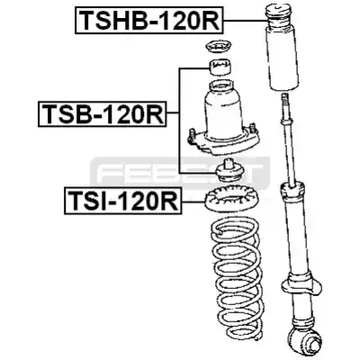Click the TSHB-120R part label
pyautogui.click(x=149, y=20)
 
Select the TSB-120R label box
pyautogui.click(x=102, y=114)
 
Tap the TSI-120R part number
pyautogui.click(x=122, y=201)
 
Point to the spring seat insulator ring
pyautogui.click(x=229, y=201)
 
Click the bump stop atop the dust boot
pyautogui.click(x=278, y=15)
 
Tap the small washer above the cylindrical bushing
pyautogui.click(x=220, y=47)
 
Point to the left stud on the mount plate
pyautogui.click(x=193, y=133)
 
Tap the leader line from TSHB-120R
pyautogui.click(x=245, y=20)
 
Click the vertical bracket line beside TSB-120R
pyautogui.click(x=179, y=121)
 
